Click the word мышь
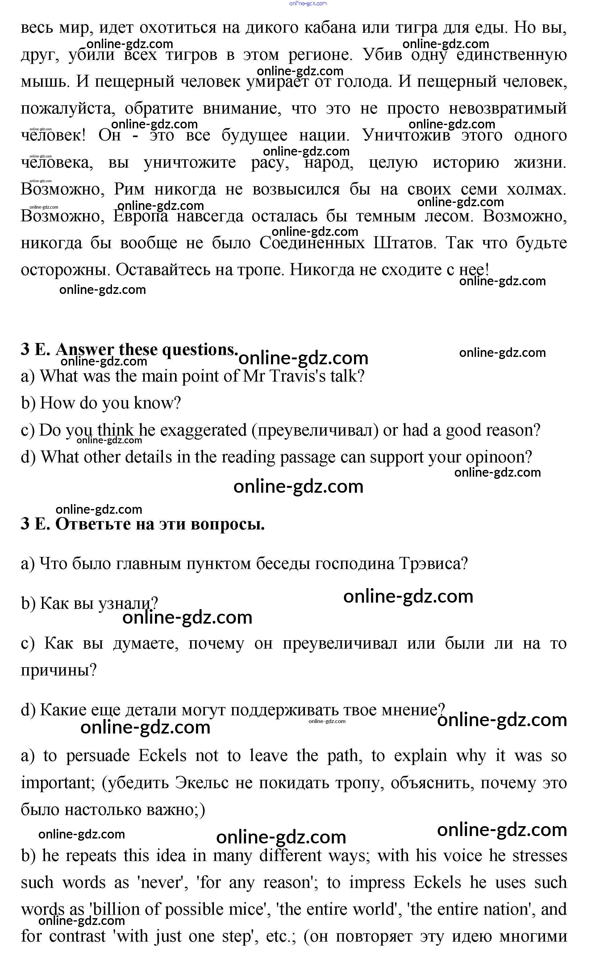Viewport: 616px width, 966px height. pos(44,82)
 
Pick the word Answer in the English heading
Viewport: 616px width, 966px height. pos(84,349)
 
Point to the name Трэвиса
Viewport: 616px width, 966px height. pos(433,564)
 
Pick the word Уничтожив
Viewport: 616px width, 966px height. pos(406,135)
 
